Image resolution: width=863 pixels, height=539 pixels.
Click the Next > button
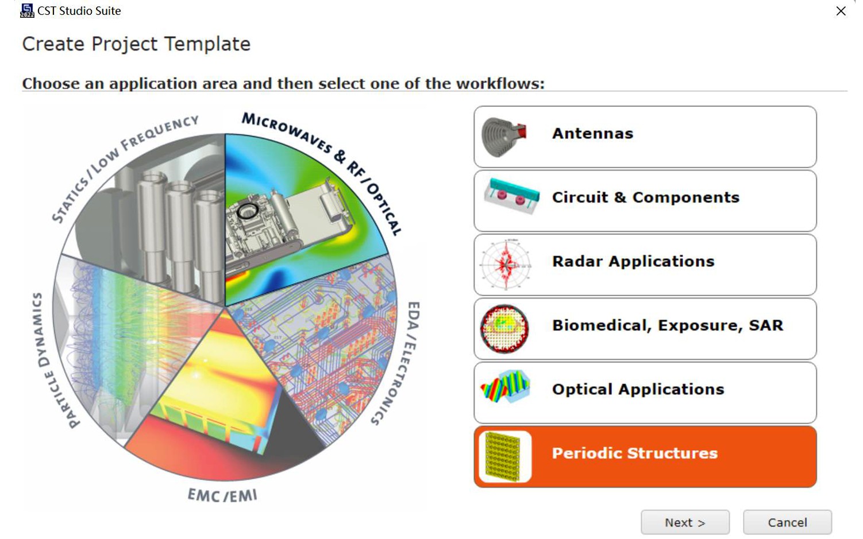click(x=685, y=522)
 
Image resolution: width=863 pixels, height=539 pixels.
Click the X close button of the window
click(x=841, y=11)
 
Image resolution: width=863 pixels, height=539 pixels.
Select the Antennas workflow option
click(x=645, y=137)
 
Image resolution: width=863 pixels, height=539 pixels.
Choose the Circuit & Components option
click(x=645, y=200)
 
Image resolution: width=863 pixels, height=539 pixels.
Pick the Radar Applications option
click(x=645, y=265)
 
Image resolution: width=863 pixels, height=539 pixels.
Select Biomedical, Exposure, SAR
click(x=645, y=328)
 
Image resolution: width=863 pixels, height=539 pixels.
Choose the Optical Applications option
click(x=645, y=392)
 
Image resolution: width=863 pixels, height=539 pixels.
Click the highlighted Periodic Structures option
click(x=645, y=456)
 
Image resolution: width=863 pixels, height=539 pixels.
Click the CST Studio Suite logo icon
click(x=27, y=11)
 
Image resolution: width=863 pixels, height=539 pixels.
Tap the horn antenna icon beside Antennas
click(x=504, y=137)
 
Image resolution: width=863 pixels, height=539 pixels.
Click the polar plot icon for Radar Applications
click(x=505, y=265)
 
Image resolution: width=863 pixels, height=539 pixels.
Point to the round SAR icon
click(x=504, y=328)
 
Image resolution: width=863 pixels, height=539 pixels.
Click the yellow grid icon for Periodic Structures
click(x=503, y=456)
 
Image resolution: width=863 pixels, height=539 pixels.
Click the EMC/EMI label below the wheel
click(x=222, y=495)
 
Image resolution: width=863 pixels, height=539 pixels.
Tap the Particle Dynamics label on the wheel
click(x=54, y=360)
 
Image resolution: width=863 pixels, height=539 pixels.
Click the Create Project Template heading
click(x=136, y=44)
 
